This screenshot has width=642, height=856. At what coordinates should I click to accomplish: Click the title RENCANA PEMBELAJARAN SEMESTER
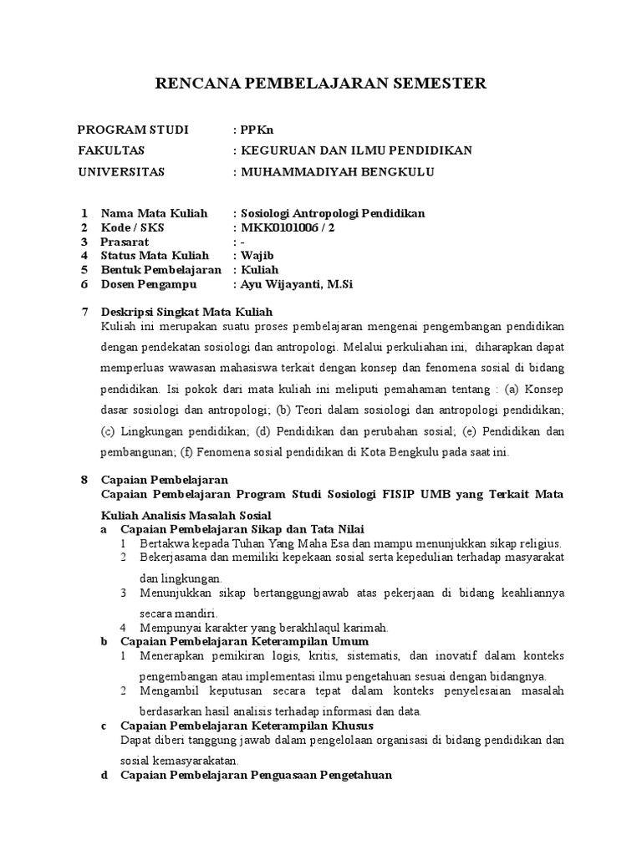(x=321, y=84)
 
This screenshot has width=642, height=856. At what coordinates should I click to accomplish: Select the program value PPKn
(x=256, y=130)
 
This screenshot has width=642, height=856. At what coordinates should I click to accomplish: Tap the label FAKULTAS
(x=111, y=150)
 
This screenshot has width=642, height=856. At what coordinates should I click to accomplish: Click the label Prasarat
(x=125, y=242)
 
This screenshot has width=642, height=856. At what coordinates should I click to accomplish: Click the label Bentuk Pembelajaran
(x=161, y=270)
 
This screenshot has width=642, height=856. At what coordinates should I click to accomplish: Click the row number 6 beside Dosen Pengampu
(x=84, y=284)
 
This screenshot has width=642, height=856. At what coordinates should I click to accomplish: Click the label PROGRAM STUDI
(x=134, y=130)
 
